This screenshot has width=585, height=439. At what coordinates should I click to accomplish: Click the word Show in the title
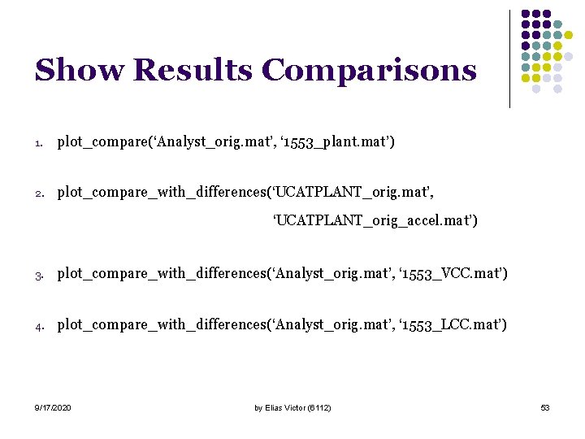[80, 70]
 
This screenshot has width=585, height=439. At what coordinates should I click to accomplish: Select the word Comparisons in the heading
[370, 72]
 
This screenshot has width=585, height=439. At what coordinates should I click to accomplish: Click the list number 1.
[38, 144]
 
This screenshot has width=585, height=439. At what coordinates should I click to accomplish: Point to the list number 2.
[38, 193]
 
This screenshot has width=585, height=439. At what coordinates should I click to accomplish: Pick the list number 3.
[38, 275]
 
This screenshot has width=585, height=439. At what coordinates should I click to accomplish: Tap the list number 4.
[38, 326]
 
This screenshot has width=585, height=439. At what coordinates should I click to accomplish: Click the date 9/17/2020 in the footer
[53, 407]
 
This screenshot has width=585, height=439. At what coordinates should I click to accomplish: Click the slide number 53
[545, 407]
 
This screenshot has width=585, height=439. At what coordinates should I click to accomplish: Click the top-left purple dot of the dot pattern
[526, 14]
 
